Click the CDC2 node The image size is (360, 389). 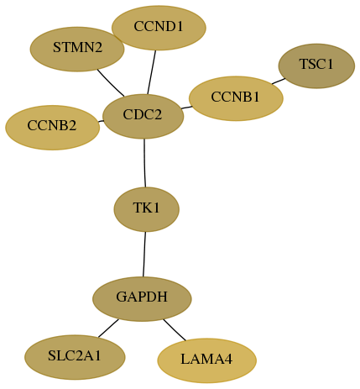(x=143, y=117)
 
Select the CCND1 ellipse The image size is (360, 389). (x=159, y=28)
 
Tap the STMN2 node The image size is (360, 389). (x=77, y=49)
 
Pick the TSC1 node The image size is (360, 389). (x=316, y=66)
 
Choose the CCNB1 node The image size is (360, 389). (x=236, y=98)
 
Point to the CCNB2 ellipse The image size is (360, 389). (x=53, y=128)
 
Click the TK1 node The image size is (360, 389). (x=147, y=209)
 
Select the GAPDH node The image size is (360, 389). (x=142, y=299)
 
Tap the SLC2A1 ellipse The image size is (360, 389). (x=75, y=357)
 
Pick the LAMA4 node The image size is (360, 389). (x=207, y=360)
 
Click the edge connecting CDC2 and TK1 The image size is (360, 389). (x=144, y=163)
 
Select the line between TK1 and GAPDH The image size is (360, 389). (x=144, y=254)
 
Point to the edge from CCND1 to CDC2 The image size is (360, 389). (x=152, y=72)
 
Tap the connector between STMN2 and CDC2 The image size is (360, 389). (x=111, y=83)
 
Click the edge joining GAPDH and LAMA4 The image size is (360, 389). (x=175, y=330)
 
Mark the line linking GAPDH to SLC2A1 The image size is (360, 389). (x=108, y=328)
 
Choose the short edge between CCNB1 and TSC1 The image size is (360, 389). (x=279, y=81)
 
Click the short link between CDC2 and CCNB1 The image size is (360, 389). (x=186, y=108)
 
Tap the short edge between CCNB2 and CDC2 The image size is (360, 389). (x=101, y=121)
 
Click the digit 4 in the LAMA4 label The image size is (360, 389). (x=228, y=360)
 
